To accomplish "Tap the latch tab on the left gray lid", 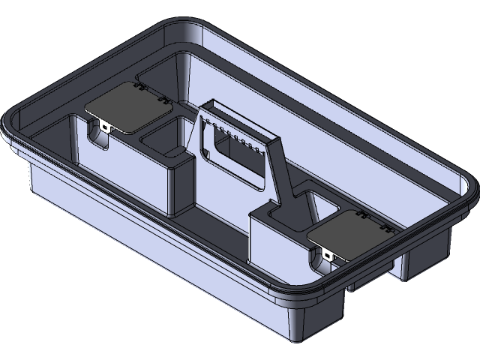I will coord(104,127).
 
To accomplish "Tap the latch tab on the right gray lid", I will coord(330,255).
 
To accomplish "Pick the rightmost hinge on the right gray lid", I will coord(386,227).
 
